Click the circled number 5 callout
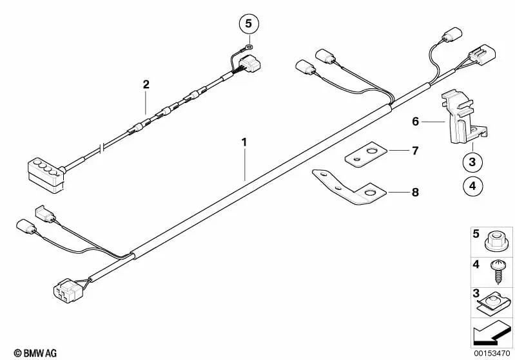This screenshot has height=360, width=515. coord(249,24)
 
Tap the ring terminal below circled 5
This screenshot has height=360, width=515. coord(249,47)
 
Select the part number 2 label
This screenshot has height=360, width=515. coord(146,84)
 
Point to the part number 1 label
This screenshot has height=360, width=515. coord(244,142)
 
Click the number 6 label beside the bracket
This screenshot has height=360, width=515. coord(416,122)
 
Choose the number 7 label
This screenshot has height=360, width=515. coord(415,151)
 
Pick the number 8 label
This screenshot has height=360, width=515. coord(416,192)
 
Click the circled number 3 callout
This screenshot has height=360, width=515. coord(472,162)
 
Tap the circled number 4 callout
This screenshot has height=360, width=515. coord(472,186)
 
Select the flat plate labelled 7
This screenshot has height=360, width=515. coord(366,155)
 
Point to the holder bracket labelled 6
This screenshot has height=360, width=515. coord(462,118)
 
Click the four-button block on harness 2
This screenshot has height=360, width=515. coord(46,176)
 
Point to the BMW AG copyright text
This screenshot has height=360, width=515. coord(35,353)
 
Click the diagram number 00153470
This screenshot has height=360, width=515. coord(492,354)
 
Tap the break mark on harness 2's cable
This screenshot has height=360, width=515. coord(102,147)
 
